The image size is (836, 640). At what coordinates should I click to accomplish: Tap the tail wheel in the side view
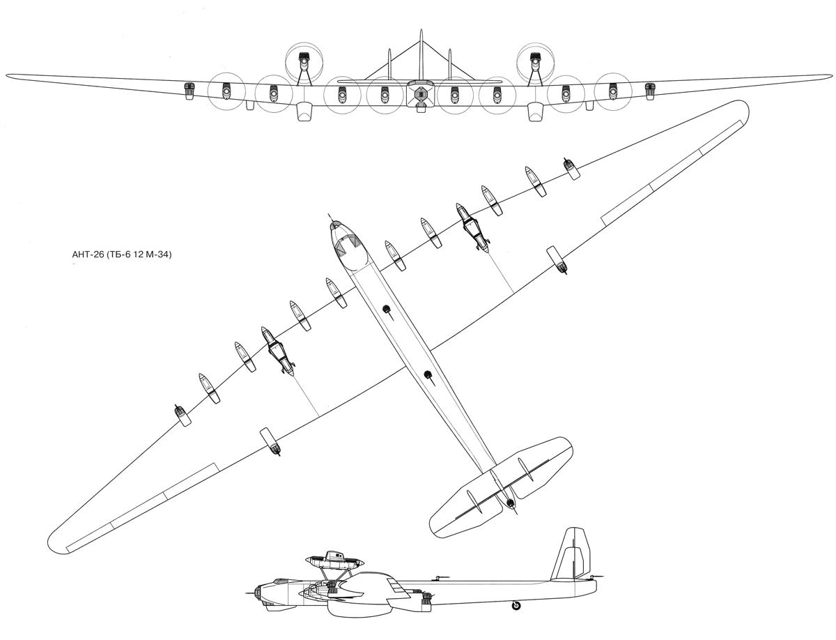(x=516, y=605)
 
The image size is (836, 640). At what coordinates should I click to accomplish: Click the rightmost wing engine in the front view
(x=650, y=91)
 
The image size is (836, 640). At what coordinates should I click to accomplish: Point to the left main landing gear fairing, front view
(x=304, y=112)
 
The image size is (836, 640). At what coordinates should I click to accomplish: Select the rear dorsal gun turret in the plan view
(x=429, y=376)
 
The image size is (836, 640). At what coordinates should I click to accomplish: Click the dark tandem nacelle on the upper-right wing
(x=472, y=227)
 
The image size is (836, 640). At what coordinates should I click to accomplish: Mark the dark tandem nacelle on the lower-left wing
(x=277, y=350)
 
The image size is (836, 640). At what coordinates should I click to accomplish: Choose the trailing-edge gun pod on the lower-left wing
(x=270, y=441)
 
